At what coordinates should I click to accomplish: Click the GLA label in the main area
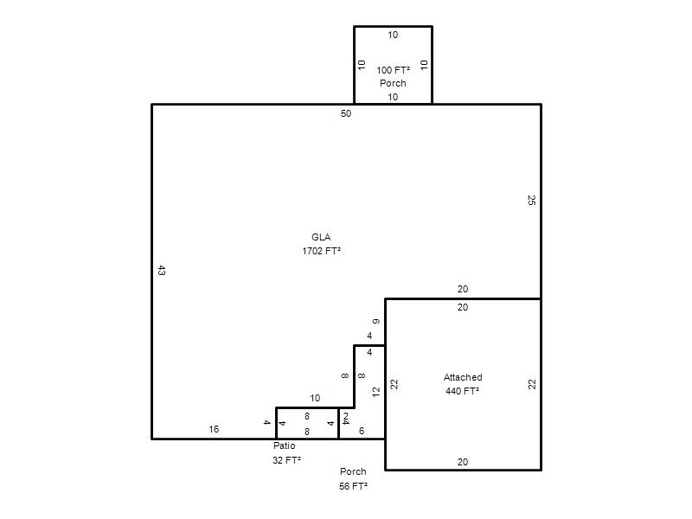coord(321,237)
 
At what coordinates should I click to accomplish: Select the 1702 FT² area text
coord(321,251)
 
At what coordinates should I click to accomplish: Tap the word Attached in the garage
coord(463,377)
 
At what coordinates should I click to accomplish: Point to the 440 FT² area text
coord(463,391)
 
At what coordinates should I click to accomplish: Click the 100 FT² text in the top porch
coord(393,70)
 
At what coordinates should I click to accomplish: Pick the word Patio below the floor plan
coord(285,445)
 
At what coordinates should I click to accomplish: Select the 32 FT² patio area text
coord(286,460)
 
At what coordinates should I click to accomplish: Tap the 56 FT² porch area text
coord(353,486)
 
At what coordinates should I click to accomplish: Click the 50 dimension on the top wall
coord(346,113)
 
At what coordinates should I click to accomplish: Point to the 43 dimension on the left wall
coord(162,271)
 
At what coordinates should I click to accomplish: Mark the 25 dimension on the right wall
coord(531,200)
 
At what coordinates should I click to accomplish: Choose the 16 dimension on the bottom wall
coord(214,429)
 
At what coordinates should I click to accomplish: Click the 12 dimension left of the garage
coord(376,392)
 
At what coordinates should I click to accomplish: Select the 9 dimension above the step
coord(376,321)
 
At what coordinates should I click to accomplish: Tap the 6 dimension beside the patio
coord(362,431)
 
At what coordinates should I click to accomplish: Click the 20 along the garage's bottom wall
coord(463,462)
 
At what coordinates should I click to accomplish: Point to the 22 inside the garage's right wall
coord(532,384)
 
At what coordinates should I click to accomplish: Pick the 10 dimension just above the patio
coord(315,398)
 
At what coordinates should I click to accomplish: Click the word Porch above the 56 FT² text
coord(353,471)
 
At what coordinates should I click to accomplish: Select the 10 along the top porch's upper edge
coord(393,35)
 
